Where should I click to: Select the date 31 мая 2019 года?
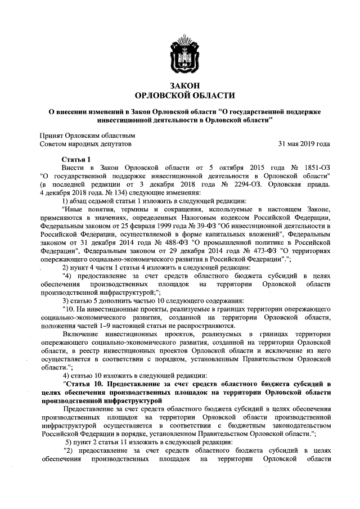(304, 144)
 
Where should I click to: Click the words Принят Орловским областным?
(87, 136)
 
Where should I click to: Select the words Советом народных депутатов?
(85, 144)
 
